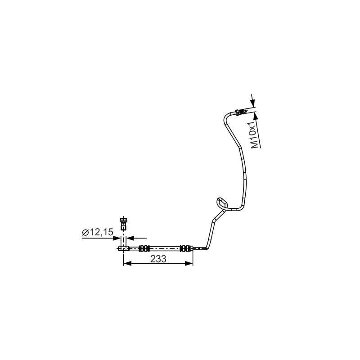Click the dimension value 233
pos(158,259)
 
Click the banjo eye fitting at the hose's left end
pos(123,248)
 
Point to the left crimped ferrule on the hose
pos(144,248)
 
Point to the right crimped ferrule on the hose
pos(185,248)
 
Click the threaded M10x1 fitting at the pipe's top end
pos(241,112)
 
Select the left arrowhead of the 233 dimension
pos(126,264)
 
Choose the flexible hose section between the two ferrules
pos(164,248)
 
